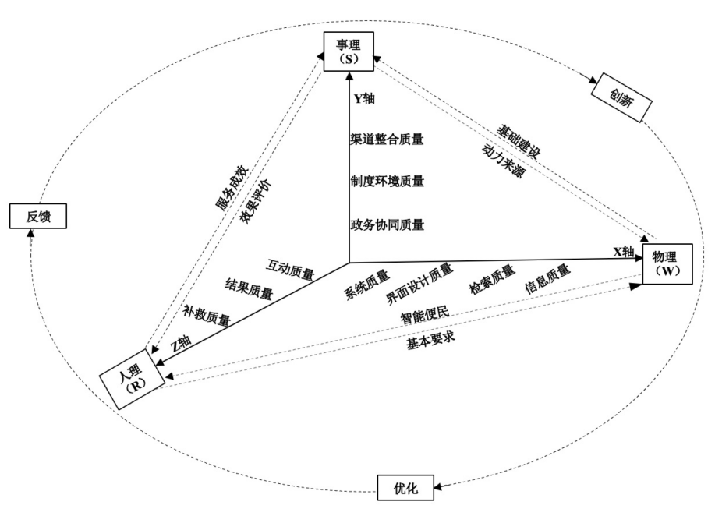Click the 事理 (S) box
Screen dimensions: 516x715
coord(349,53)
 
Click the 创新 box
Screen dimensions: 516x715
coord(621,99)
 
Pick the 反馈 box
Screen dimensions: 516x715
coord(38,216)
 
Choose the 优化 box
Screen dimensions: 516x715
coord(406,488)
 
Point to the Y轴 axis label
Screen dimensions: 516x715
coord(365,100)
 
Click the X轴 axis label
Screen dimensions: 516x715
coord(624,251)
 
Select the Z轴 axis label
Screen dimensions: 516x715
coord(180,343)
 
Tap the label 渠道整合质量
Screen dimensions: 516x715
coord(387,140)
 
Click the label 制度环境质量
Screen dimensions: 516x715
coord(387,182)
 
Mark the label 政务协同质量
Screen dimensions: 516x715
coord(387,224)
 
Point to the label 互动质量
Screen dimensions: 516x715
coord(290,268)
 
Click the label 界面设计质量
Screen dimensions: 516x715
coord(419,284)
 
